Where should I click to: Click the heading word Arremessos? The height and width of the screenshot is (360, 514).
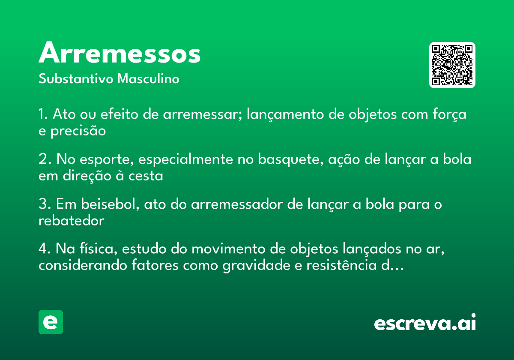tap(120, 52)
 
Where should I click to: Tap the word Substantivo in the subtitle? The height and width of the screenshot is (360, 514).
tap(76, 78)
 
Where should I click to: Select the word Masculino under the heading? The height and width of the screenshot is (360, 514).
tap(148, 78)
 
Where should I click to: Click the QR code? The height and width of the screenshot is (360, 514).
tap(452, 65)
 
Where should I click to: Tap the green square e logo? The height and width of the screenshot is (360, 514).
tap(51, 322)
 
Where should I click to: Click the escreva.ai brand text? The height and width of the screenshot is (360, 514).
tap(425, 322)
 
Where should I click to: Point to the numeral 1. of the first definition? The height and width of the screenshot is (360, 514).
tap(43, 114)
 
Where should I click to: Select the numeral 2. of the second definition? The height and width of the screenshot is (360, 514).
tap(45, 159)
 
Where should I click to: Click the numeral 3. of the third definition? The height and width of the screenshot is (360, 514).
tap(45, 204)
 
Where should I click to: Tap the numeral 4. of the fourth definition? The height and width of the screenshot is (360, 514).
tap(45, 249)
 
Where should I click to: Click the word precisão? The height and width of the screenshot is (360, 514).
tap(78, 131)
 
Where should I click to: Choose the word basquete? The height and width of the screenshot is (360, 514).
tap(291, 159)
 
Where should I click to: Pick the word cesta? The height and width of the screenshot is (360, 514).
tap(146, 176)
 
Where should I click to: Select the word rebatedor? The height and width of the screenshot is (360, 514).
tap(72, 221)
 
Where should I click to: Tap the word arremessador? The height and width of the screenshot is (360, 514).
tap(237, 204)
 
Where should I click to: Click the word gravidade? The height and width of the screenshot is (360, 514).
tap(256, 266)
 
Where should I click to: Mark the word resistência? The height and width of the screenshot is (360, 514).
tap(341, 265)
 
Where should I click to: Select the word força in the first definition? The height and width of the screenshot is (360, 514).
tap(449, 114)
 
